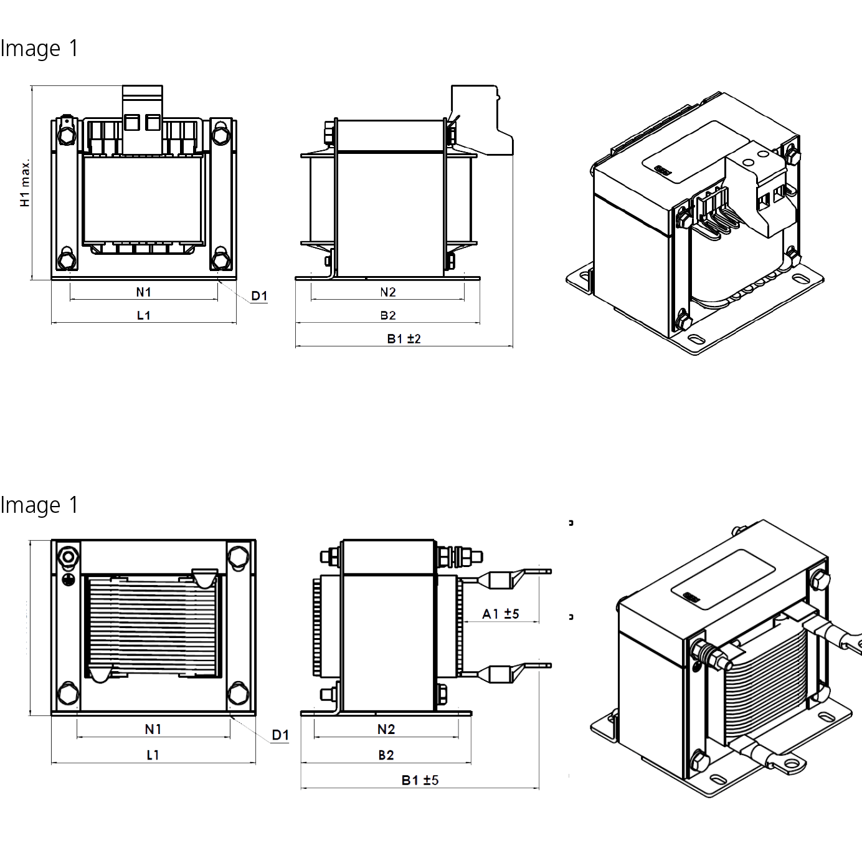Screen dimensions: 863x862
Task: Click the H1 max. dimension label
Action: click(x=25, y=183)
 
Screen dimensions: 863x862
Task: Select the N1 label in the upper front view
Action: click(x=144, y=292)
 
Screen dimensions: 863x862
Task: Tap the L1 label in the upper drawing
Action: click(x=143, y=315)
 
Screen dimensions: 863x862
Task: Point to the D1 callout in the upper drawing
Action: click(x=259, y=297)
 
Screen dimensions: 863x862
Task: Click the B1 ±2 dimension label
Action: click(x=404, y=339)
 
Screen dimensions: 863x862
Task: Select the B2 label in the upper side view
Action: click(x=388, y=315)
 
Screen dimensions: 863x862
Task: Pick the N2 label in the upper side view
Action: click(x=388, y=292)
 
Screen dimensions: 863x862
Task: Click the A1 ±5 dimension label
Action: click(x=500, y=614)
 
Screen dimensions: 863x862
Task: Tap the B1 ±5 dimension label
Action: click(x=420, y=780)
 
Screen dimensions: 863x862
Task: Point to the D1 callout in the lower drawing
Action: click(x=280, y=735)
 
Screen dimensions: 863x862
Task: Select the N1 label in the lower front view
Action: click(x=153, y=729)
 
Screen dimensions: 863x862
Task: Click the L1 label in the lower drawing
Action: click(x=153, y=755)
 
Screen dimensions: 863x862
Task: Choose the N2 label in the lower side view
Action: click(x=386, y=729)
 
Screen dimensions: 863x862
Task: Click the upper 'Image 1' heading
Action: click(x=39, y=49)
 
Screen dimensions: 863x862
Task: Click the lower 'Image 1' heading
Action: click(x=39, y=505)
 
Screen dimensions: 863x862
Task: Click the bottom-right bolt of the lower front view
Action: click(x=238, y=693)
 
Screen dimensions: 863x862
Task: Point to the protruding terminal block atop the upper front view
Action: click(x=143, y=118)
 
